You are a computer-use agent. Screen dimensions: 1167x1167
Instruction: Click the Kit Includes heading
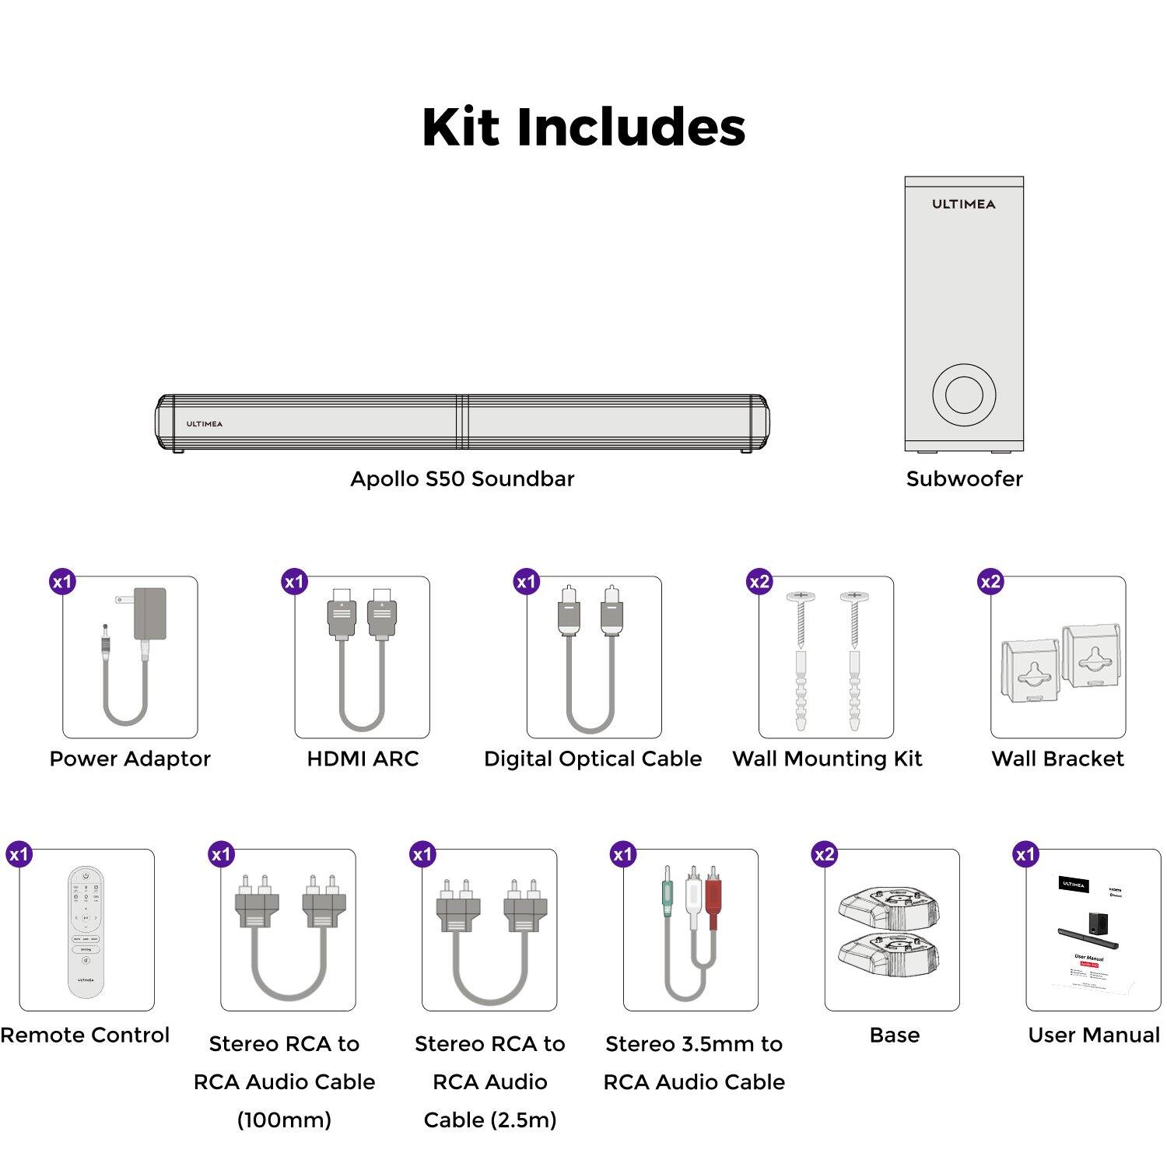click(x=583, y=127)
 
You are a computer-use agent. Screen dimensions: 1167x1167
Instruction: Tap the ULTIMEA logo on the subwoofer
click(x=963, y=204)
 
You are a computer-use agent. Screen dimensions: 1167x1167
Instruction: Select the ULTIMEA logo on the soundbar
click(x=204, y=424)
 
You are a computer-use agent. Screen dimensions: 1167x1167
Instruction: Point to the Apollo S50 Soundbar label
click(x=462, y=478)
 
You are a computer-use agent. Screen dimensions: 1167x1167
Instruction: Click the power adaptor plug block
click(x=150, y=612)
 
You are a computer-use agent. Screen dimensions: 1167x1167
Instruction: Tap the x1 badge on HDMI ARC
click(x=294, y=582)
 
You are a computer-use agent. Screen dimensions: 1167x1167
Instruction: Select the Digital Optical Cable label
click(x=593, y=759)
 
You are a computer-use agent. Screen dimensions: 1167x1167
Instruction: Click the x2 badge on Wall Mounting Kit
click(x=759, y=582)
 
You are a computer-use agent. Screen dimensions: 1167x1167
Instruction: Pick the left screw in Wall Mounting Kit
click(x=801, y=622)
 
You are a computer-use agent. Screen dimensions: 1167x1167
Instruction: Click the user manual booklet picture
click(x=1093, y=934)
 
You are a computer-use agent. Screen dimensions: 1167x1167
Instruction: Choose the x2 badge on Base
click(x=824, y=854)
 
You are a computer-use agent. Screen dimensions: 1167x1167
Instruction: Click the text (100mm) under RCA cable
click(x=284, y=1120)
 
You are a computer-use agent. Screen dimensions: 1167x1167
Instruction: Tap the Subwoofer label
click(x=964, y=478)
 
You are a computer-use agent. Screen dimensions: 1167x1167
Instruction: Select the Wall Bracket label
click(x=1057, y=759)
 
